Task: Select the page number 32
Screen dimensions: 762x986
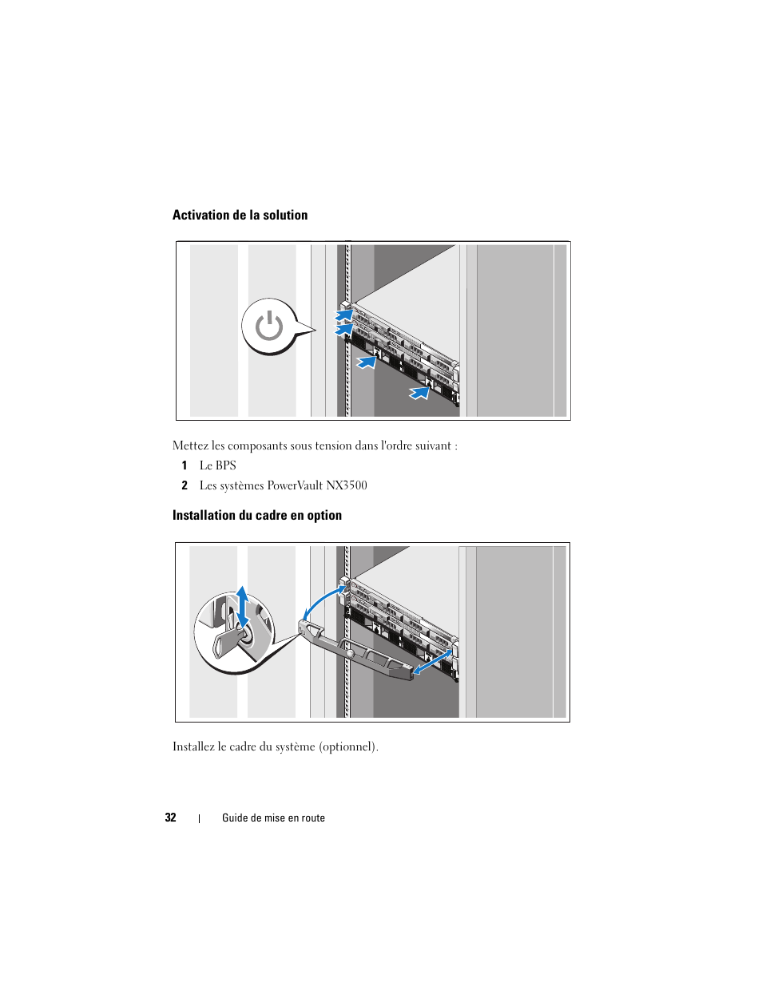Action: [170, 818]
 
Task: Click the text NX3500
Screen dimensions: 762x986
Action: [347, 485]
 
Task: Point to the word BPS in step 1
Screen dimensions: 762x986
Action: [225, 465]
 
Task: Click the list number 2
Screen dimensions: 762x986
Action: [185, 485]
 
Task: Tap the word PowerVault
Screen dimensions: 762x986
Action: [295, 485]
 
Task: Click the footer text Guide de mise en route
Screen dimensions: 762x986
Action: [273, 818]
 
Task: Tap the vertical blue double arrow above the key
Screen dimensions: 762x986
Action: [242, 606]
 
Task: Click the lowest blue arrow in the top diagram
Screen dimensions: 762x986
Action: [420, 393]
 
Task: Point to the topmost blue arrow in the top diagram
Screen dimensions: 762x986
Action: [343, 315]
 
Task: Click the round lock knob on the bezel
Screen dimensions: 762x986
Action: [350, 653]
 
